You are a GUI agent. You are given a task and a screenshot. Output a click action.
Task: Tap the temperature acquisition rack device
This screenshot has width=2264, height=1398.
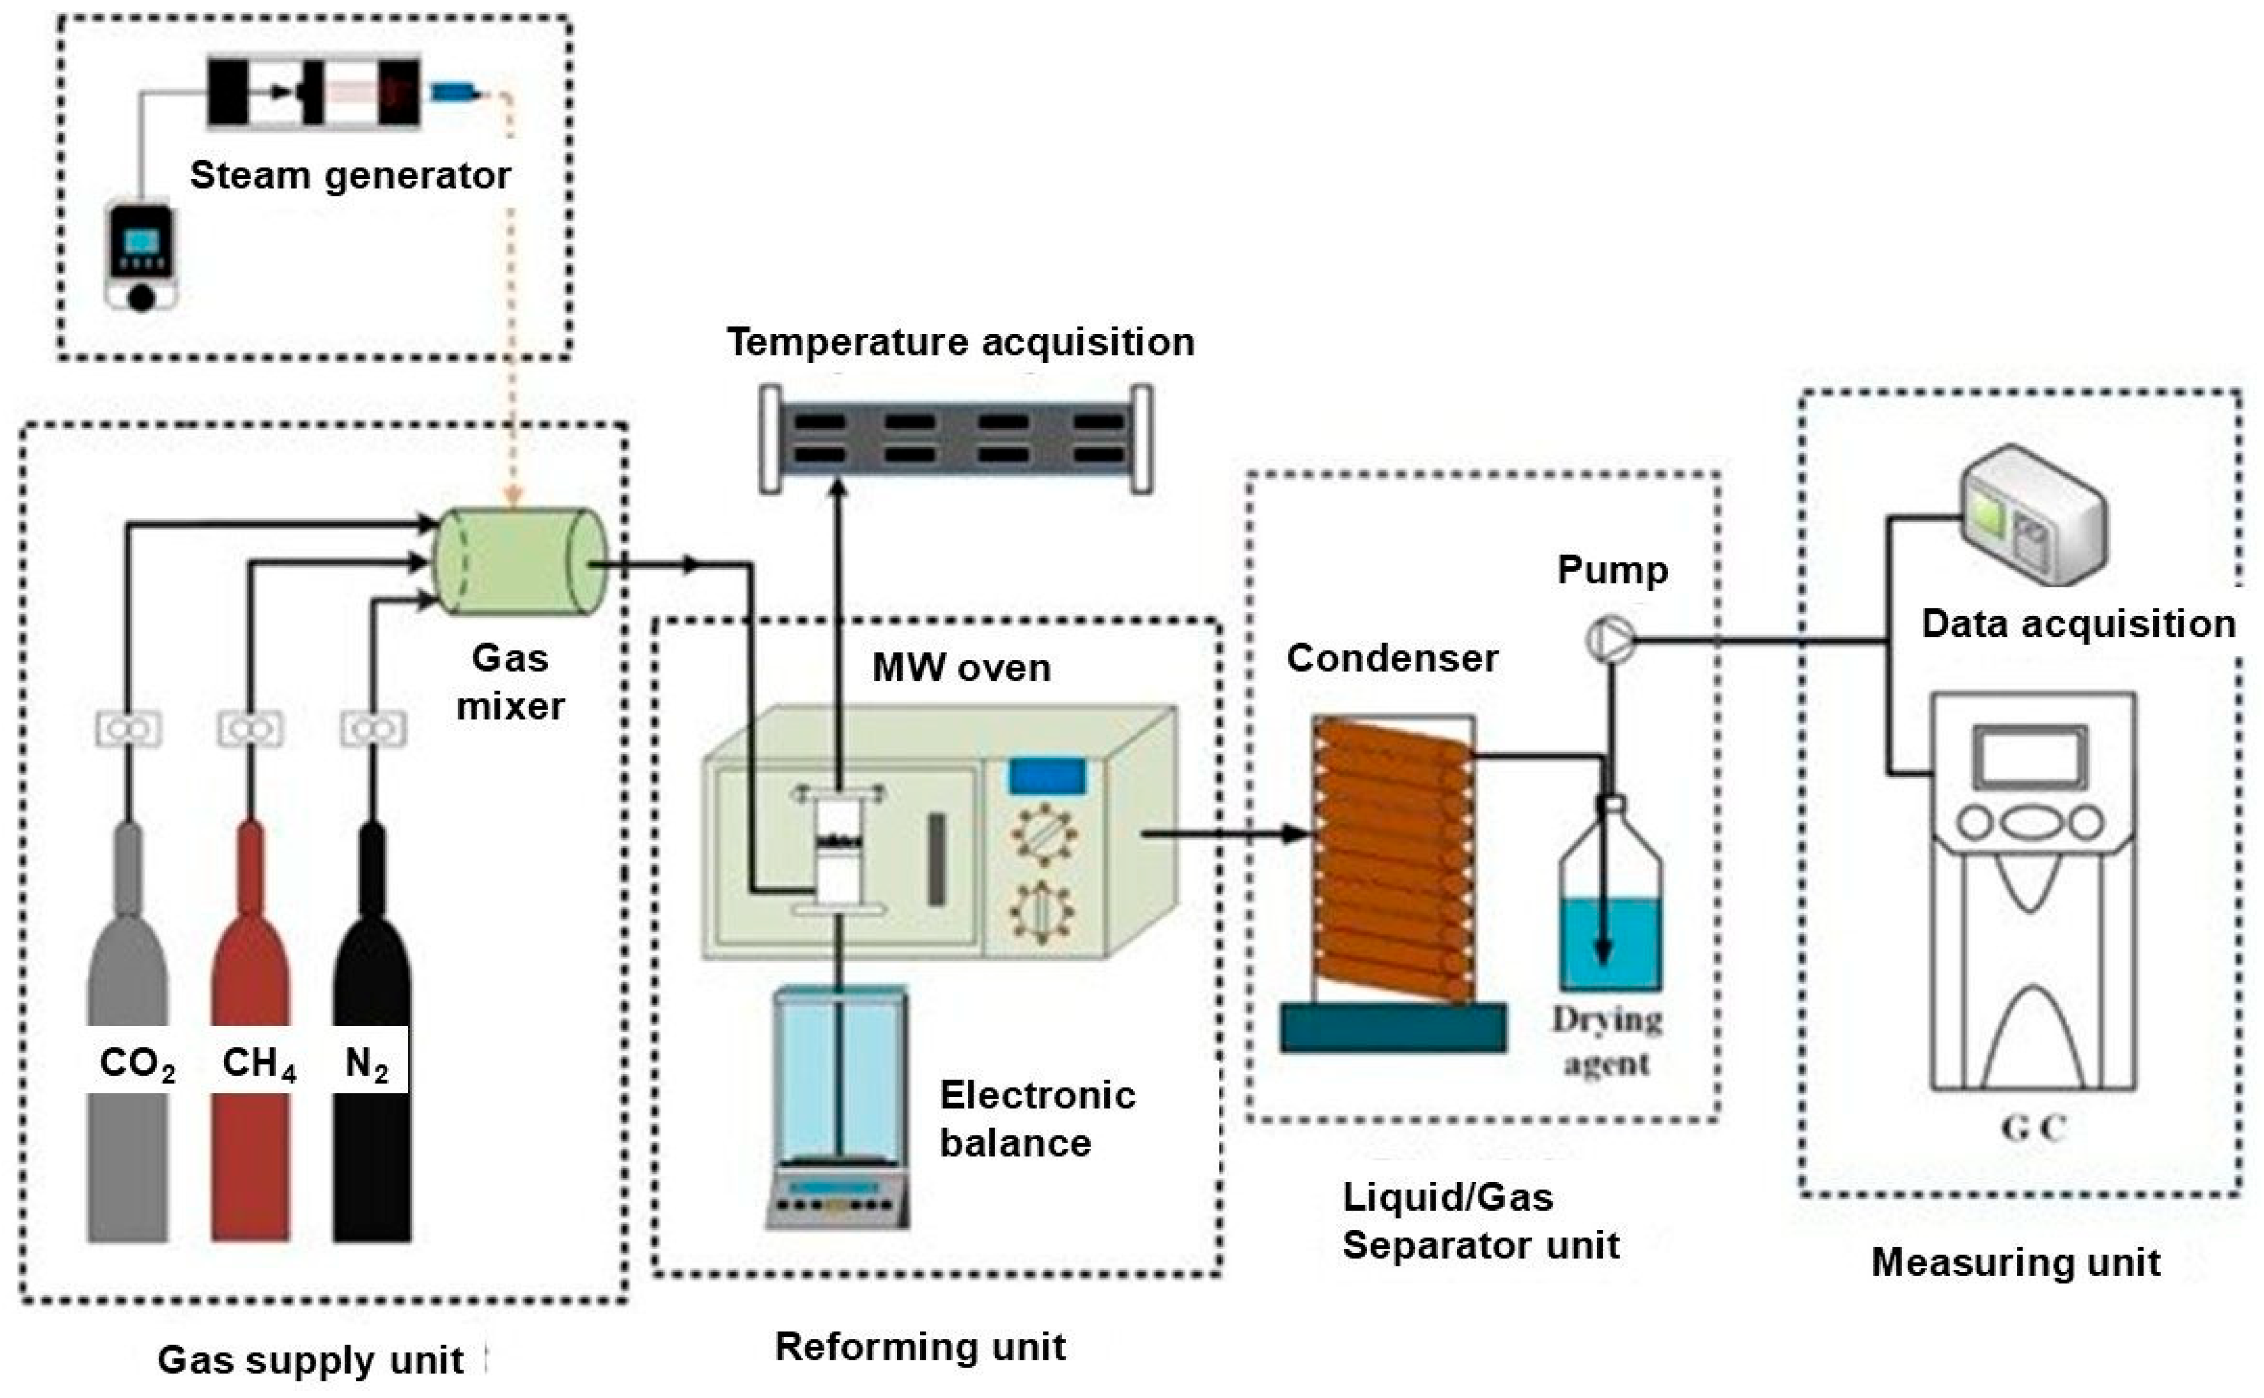[x=956, y=438]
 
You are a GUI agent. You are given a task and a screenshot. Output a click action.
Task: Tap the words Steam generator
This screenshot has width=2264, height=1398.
[x=351, y=175]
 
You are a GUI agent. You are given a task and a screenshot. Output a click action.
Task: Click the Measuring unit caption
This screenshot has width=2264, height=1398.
[x=2016, y=1262]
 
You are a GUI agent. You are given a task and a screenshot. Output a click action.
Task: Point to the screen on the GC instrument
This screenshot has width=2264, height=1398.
[x=2031, y=756]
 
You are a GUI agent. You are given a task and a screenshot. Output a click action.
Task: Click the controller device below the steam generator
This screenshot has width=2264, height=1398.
[x=141, y=254]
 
